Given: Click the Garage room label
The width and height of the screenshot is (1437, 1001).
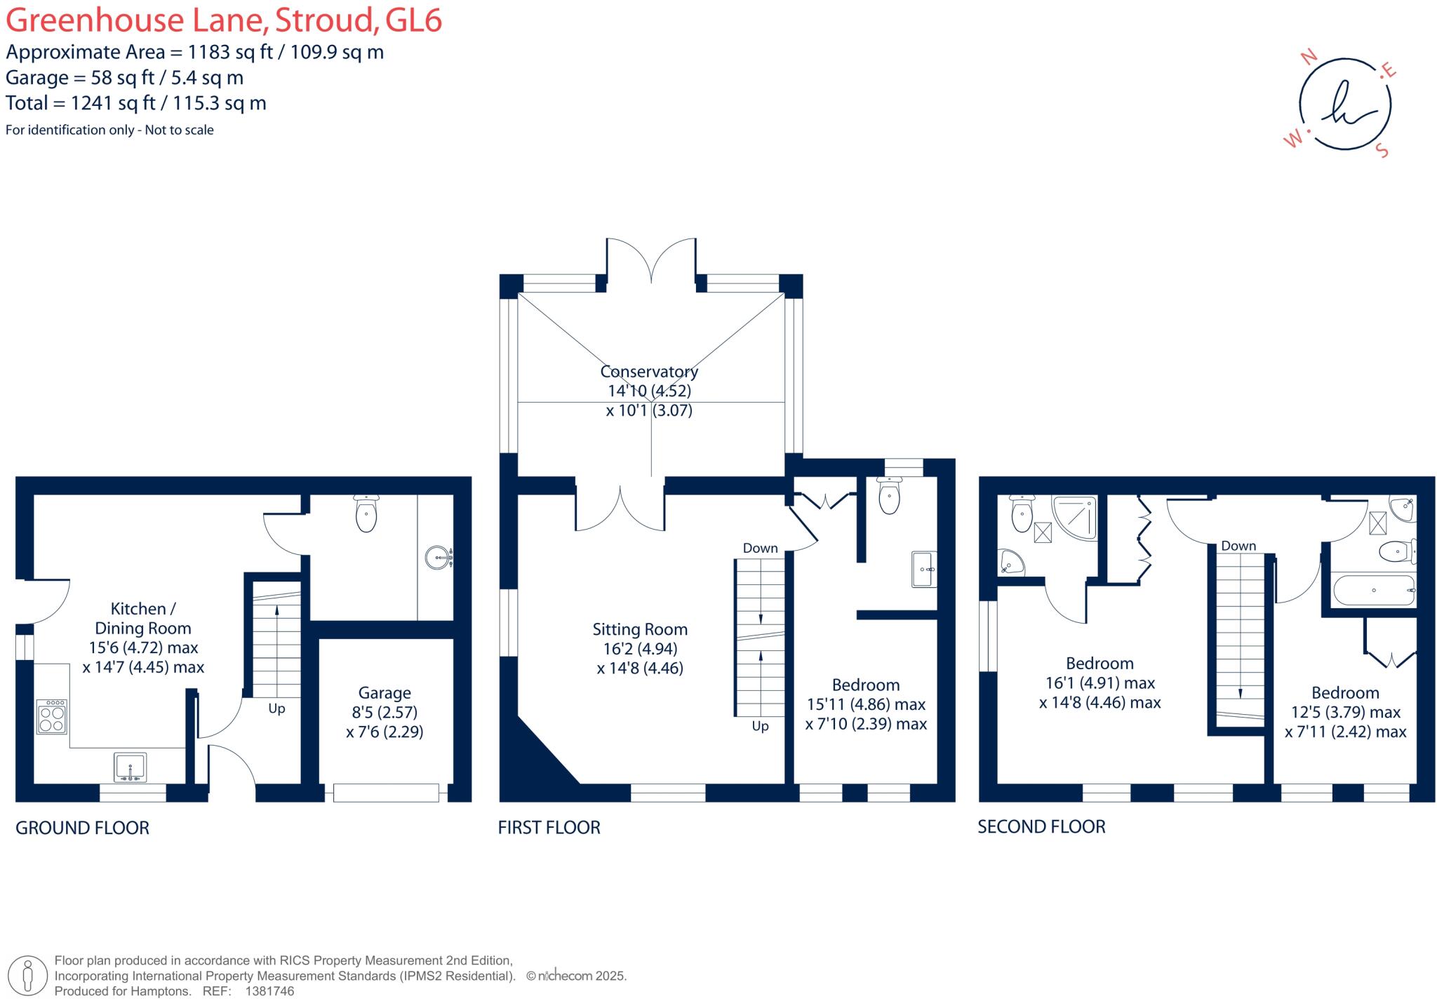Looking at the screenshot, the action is tap(384, 693).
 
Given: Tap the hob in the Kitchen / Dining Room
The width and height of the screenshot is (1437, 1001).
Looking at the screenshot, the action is tap(53, 716).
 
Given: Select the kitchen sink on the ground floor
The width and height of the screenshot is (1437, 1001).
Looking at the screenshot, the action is tap(131, 767).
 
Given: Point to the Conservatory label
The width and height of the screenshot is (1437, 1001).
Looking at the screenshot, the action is tap(649, 371).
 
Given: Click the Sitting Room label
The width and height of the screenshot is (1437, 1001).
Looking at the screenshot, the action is tap(639, 629).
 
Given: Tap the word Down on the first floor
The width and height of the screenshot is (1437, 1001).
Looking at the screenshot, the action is tap(760, 548).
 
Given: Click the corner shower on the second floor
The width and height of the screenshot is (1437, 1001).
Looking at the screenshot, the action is tap(1074, 517).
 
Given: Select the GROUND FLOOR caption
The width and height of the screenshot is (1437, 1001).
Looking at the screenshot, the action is tap(82, 828).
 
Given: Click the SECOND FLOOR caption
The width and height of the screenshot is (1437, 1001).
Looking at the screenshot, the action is tap(1041, 827).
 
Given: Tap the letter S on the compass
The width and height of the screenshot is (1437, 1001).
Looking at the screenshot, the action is tap(1382, 151).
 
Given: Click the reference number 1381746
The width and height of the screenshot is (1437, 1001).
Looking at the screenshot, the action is tap(269, 991).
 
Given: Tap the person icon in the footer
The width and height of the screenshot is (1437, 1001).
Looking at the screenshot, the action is tap(28, 975).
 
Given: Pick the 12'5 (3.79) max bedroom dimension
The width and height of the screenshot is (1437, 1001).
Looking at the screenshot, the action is tap(1346, 712).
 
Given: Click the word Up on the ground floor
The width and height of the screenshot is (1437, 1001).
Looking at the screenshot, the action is tap(276, 708).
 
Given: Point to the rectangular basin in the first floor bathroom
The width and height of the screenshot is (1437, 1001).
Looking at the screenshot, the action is tap(923, 569).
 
